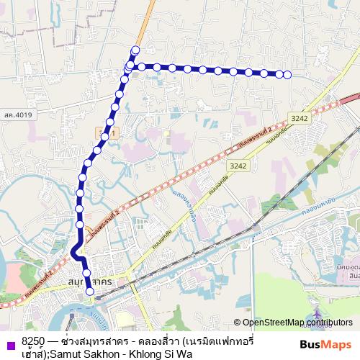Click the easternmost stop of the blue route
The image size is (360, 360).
coord(287,74)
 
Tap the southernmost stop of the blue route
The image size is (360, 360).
coord(90,291)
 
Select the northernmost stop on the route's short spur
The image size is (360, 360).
coord(135,50)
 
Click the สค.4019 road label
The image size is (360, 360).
coord(17,114)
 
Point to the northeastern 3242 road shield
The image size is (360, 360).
coord(300,117)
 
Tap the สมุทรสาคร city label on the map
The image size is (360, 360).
coord(89,282)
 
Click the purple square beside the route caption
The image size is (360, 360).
coord(10,344)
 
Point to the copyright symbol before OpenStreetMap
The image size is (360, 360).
coord(238,322)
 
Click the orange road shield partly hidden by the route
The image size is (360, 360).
coord(102,133)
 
